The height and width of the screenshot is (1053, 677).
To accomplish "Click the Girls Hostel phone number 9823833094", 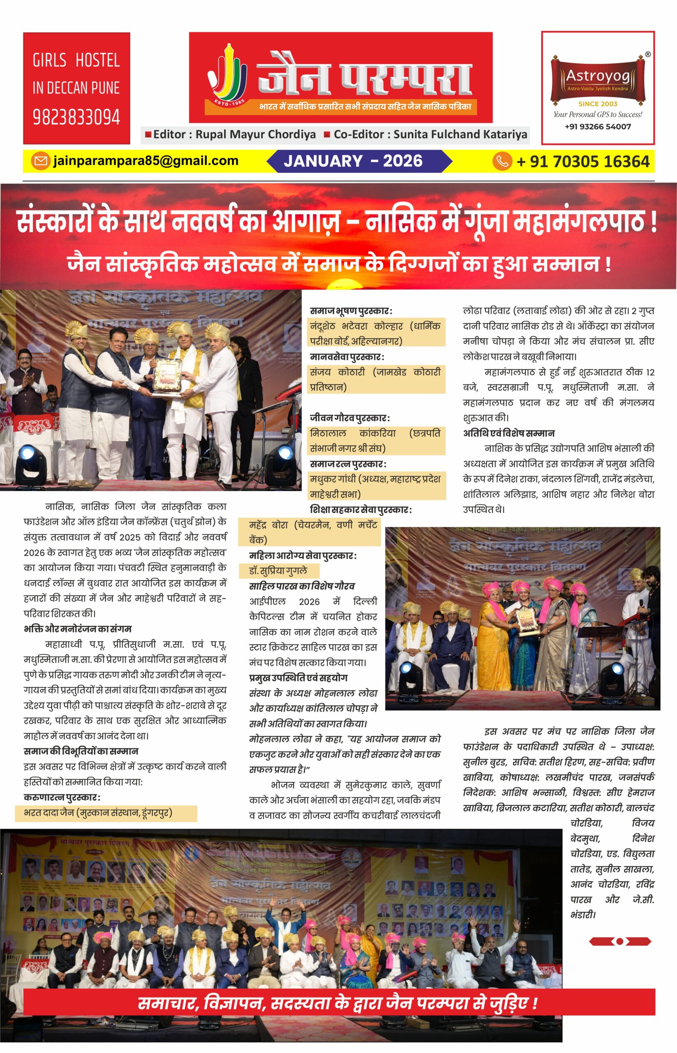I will pyautogui.click(x=76, y=117).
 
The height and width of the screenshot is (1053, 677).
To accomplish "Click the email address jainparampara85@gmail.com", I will pyautogui.click(x=146, y=161).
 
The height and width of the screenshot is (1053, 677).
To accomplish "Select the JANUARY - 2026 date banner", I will pyautogui.click(x=353, y=161).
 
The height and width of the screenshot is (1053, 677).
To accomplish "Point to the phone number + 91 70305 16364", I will pyautogui.click(x=582, y=161).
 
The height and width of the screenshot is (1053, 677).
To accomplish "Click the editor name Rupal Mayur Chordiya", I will pyautogui.click(x=255, y=135).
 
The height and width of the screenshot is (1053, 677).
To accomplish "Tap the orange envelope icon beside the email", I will pyautogui.click(x=40, y=161).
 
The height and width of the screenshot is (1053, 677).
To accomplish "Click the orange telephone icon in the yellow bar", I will pyautogui.click(x=502, y=161).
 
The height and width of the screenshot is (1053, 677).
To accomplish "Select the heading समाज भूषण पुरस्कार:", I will pyautogui.click(x=351, y=311).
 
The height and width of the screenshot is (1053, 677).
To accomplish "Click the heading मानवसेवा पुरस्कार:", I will pyautogui.click(x=347, y=357).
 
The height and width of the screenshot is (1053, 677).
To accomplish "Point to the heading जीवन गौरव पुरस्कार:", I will pyautogui.click(x=349, y=418).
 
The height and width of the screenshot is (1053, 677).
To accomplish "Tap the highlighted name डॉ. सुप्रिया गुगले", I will pyautogui.click(x=278, y=571).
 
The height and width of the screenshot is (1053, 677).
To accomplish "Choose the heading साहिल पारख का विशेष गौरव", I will pyautogui.click(x=302, y=586).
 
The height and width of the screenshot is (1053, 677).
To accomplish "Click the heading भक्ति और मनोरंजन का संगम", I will pyautogui.click(x=77, y=629).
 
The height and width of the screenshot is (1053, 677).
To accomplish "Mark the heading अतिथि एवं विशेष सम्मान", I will pyautogui.click(x=508, y=433).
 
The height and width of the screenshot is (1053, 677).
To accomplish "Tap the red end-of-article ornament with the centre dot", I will pyautogui.click(x=619, y=941).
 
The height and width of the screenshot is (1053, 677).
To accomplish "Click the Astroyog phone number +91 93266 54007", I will pyautogui.click(x=597, y=127).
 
